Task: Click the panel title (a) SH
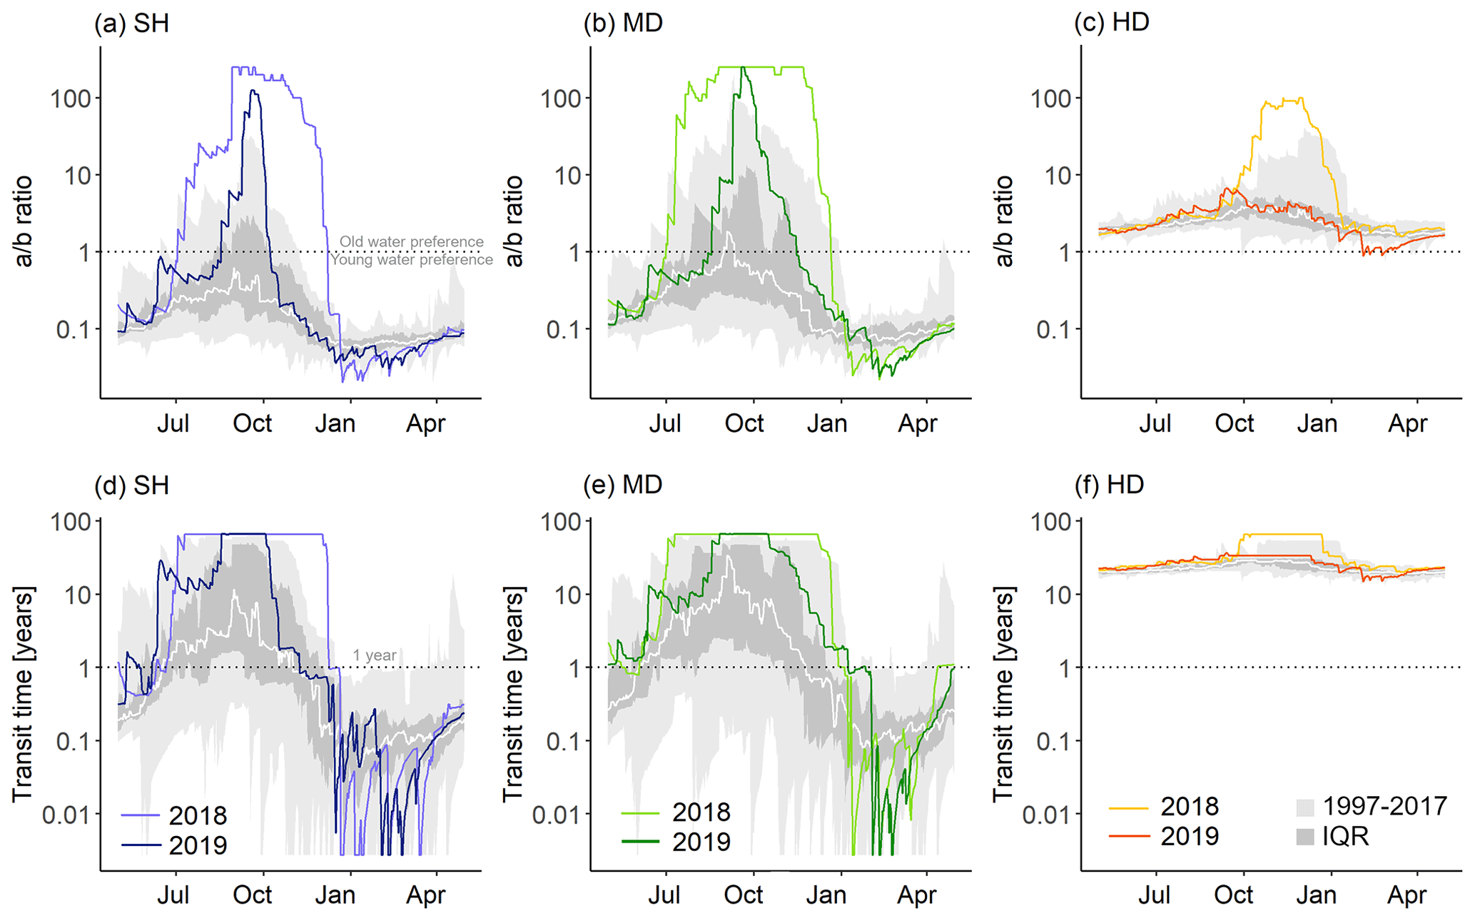pyautogui.click(x=131, y=24)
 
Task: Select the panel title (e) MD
pyautogui.click(x=622, y=485)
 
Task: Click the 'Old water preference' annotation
pyautogui.click(x=411, y=242)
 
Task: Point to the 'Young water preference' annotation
pyautogui.click(x=411, y=260)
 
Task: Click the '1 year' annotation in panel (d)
pyautogui.click(x=374, y=655)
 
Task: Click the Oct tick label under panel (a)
pyautogui.click(x=253, y=423)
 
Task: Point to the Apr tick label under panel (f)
pyautogui.click(x=1406, y=895)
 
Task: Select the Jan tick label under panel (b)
pyautogui.click(x=826, y=423)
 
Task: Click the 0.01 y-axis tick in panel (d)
pyautogui.click(x=67, y=814)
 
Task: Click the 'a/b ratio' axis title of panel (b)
pyautogui.click(x=514, y=221)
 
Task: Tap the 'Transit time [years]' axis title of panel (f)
pyautogui.click(x=1003, y=694)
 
